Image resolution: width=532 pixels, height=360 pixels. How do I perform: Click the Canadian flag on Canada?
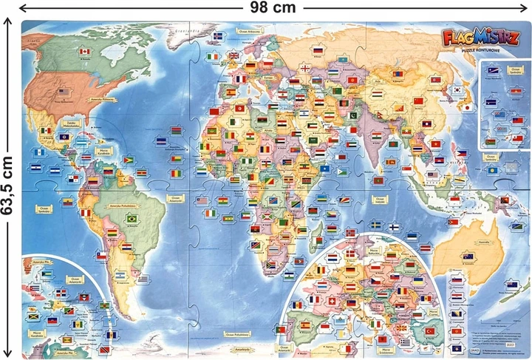click(84, 51)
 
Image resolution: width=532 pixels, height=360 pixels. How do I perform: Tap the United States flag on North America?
click(63, 92)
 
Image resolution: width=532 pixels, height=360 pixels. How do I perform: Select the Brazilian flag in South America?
click(134, 219)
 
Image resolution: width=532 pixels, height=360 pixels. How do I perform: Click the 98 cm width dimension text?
click(266, 7)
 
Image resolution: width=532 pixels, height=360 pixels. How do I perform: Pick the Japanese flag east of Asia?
click(467, 107)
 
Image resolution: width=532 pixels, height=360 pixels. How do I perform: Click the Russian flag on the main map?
click(318, 51)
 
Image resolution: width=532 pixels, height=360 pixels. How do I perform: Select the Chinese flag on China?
click(418, 101)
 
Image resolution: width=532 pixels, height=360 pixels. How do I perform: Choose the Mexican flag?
click(46, 131)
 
